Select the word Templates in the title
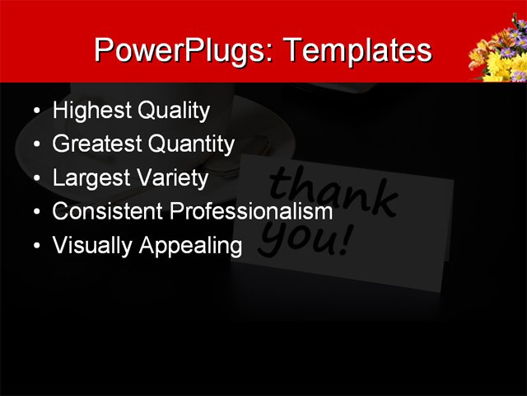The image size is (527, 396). pyautogui.click(x=356, y=50)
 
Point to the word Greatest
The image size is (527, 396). pyautogui.click(x=96, y=144)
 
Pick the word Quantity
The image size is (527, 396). pyautogui.click(x=191, y=144)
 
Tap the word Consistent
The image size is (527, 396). pyautogui.click(x=107, y=211)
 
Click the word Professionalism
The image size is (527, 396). pyautogui.click(x=250, y=211)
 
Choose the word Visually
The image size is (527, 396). pyautogui.click(x=88, y=245)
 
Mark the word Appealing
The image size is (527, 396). pyautogui.click(x=189, y=246)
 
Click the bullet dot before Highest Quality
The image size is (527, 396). pyautogui.click(x=35, y=111)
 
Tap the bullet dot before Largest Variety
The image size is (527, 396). pyautogui.click(x=35, y=178)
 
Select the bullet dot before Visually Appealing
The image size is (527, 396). pyautogui.click(x=35, y=246)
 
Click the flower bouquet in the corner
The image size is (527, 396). pyautogui.click(x=497, y=54)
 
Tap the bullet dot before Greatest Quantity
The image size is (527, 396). pyautogui.click(x=35, y=145)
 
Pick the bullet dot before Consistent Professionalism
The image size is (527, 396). pyautogui.click(x=35, y=212)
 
